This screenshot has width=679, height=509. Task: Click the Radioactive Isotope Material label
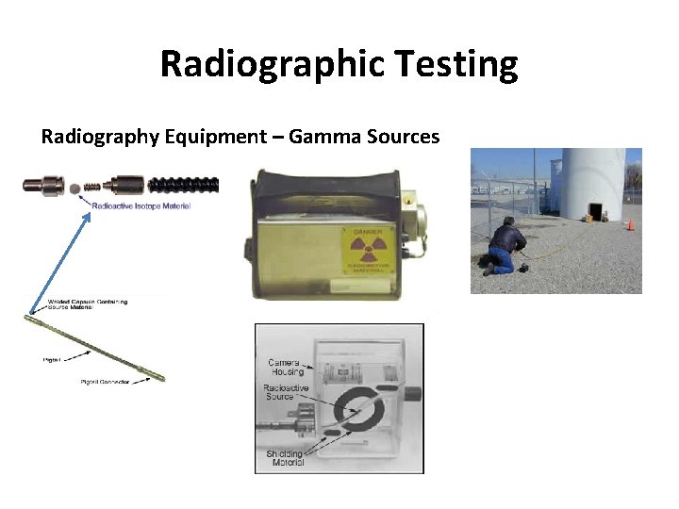click(141, 205)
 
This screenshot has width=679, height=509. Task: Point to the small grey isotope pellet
click(75, 185)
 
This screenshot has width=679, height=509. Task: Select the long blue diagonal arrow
click(58, 262)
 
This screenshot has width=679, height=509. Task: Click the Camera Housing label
click(284, 368)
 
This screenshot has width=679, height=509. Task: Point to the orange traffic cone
click(630, 224)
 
